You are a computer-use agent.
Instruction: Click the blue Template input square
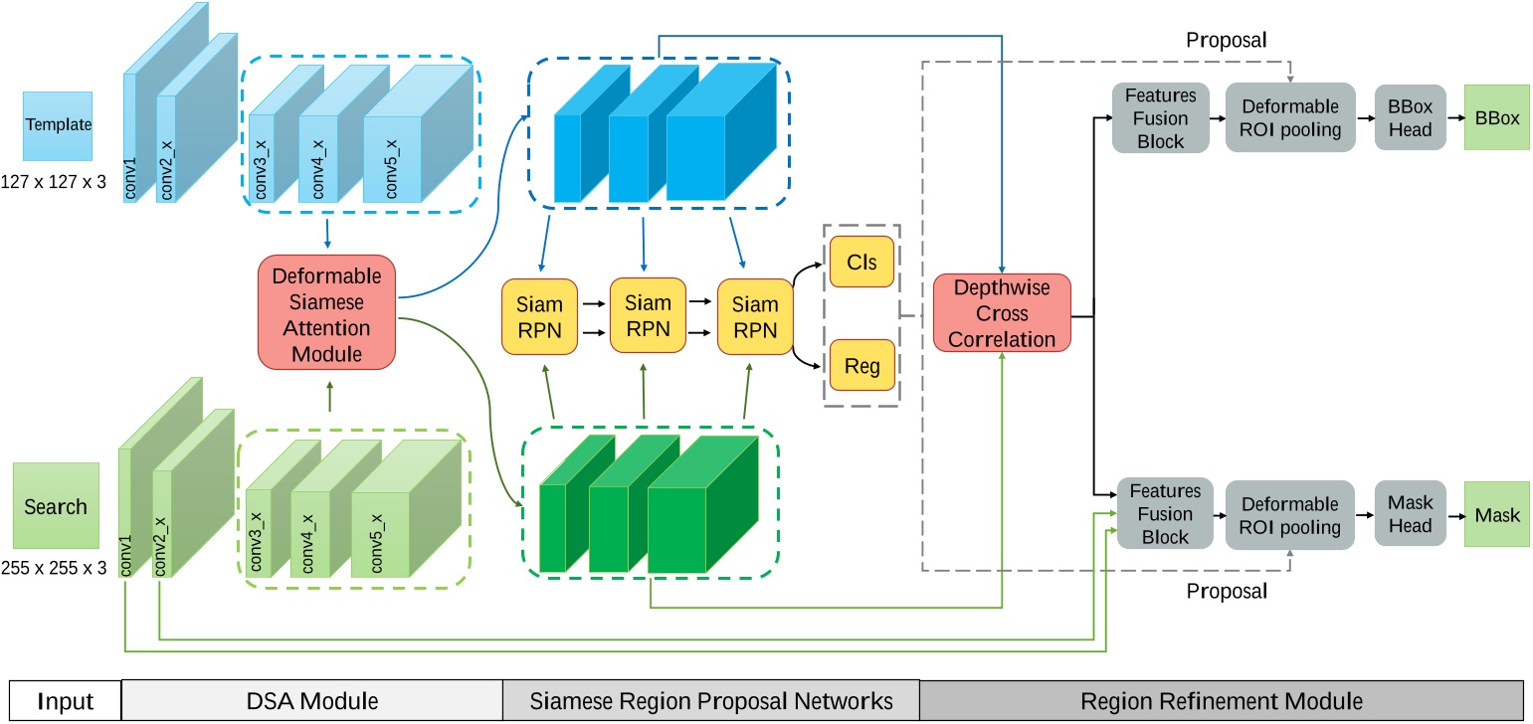58,126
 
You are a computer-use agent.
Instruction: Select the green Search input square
56,505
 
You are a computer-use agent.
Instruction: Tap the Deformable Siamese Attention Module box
326,311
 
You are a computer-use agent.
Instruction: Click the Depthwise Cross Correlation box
1002,313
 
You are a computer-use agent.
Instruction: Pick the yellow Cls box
862,262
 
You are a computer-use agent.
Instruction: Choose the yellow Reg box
862,365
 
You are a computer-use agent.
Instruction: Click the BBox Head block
1410,117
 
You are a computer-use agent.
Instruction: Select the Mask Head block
1410,513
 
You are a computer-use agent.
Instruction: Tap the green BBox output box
1496,117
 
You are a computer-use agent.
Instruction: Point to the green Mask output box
1496,515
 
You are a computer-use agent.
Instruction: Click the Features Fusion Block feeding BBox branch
1161,117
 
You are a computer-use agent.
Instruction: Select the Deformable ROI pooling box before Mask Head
1289,515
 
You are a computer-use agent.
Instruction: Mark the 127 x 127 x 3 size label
54,182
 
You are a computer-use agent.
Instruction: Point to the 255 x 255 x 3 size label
54,570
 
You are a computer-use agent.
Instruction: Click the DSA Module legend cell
312,701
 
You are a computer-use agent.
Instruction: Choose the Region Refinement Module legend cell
1221,701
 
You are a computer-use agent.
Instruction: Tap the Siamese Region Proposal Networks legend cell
710,701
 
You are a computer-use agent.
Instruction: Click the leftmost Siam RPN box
540,317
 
